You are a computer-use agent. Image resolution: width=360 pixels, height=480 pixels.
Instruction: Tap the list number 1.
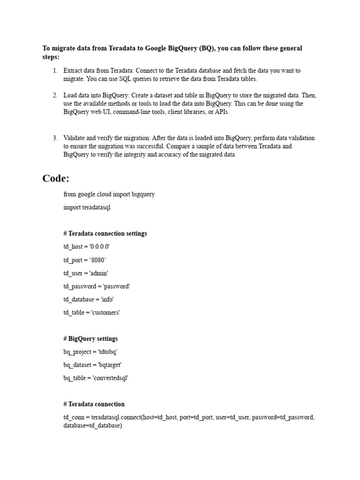tap(55, 71)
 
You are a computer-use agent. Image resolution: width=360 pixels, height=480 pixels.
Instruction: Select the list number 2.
tap(55, 95)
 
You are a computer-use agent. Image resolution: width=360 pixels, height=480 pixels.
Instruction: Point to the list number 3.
tap(55, 138)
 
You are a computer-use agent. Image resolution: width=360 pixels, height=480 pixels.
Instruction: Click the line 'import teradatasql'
tap(87, 207)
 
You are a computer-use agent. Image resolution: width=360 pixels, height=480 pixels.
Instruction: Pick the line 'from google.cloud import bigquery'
tap(109, 194)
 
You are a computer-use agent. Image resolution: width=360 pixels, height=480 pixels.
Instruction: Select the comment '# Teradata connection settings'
tap(105, 233)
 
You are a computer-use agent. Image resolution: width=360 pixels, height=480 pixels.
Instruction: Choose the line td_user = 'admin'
tap(86, 273)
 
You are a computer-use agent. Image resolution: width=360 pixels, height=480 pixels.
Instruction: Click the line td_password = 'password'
tap(97, 286)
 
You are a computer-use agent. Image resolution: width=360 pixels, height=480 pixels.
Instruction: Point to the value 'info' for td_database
tap(107, 299)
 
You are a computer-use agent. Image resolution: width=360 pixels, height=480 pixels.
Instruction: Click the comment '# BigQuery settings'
tap(90, 338)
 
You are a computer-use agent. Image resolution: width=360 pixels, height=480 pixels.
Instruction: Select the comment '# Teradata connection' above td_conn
tap(94, 404)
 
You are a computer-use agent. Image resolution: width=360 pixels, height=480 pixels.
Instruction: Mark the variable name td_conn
tap(73, 417)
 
